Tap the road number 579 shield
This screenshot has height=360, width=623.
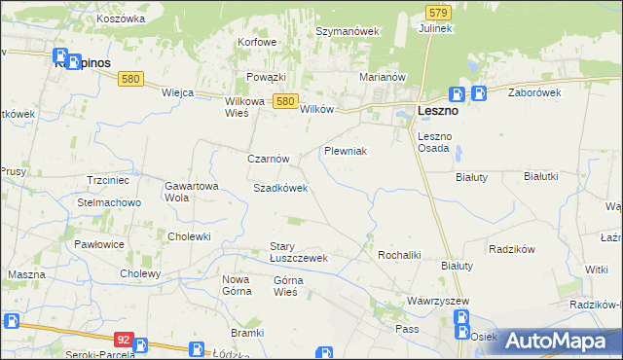pyautogui.click(x=437, y=12)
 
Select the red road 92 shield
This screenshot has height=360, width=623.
pyautogui.click(x=123, y=340)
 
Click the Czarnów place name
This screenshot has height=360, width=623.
pyautogui.click(x=268, y=158)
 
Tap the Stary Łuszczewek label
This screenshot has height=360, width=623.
pyautogui.click(x=298, y=252)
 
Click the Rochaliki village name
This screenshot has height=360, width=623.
pyautogui.click(x=398, y=254)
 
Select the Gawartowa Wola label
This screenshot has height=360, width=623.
pyautogui.click(x=191, y=191)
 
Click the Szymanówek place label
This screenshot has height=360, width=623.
pyautogui.click(x=347, y=31)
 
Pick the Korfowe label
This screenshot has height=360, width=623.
pyautogui.click(x=258, y=43)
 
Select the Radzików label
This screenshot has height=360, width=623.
pyautogui.click(x=513, y=248)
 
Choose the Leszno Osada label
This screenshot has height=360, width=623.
pyautogui.click(x=433, y=142)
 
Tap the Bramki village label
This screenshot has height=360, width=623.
pyautogui.click(x=248, y=333)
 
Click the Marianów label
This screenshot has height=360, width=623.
pyautogui.click(x=382, y=76)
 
